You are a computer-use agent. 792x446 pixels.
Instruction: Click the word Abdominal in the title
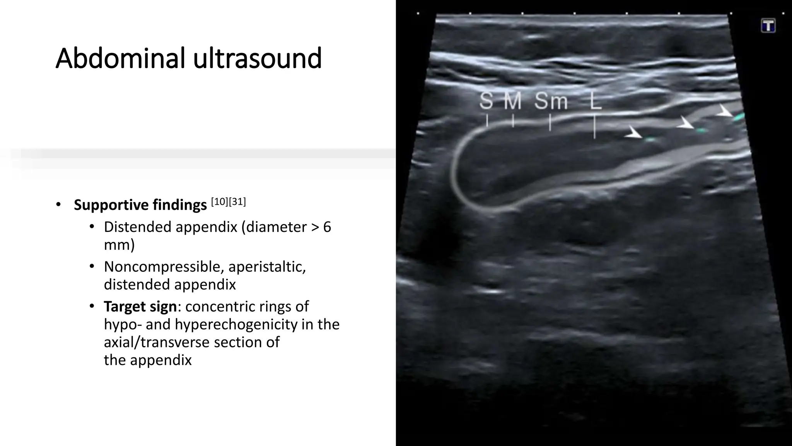pyautogui.click(x=120, y=58)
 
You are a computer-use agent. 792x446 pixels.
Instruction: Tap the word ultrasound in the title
pyautogui.click(x=257, y=58)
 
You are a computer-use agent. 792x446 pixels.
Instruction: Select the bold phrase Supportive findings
pyautogui.click(x=140, y=205)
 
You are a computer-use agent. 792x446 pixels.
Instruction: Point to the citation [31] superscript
pyautogui.click(x=237, y=202)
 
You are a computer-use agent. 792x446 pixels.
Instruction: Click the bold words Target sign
pyautogui.click(x=140, y=307)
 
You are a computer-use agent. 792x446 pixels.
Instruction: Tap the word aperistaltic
pyautogui.click(x=267, y=267)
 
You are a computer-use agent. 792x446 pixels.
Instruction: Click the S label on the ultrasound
pyautogui.click(x=486, y=101)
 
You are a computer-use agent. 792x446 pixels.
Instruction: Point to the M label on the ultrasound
pyautogui.click(x=513, y=101)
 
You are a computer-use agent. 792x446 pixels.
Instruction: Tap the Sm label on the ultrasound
pyautogui.click(x=551, y=101)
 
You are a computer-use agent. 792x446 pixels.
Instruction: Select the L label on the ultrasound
pyautogui.click(x=596, y=101)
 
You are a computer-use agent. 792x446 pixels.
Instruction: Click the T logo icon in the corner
pyautogui.click(x=768, y=26)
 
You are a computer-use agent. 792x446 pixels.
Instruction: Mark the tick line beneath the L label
pyautogui.click(x=595, y=127)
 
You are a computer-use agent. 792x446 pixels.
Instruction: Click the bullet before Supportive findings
pyautogui.click(x=58, y=204)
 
